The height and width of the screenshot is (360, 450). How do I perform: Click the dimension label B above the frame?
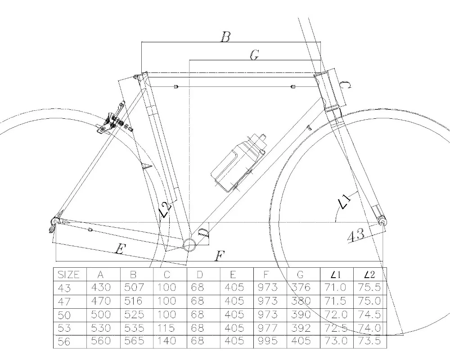pyautogui.click(x=225, y=37)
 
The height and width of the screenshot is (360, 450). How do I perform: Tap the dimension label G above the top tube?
pyautogui.click(x=254, y=55)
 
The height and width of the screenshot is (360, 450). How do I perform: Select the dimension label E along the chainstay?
pyautogui.click(x=119, y=249)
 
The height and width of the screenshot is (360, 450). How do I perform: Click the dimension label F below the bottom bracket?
pyautogui.click(x=220, y=257)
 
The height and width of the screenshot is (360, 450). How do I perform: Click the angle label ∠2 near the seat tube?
pyautogui.click(x=165, y=210)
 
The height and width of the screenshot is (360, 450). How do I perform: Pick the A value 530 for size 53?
pyautogui.click(x=103, y=328)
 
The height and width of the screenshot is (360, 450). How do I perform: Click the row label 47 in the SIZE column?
pyautogui.click(x=64, y=301)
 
